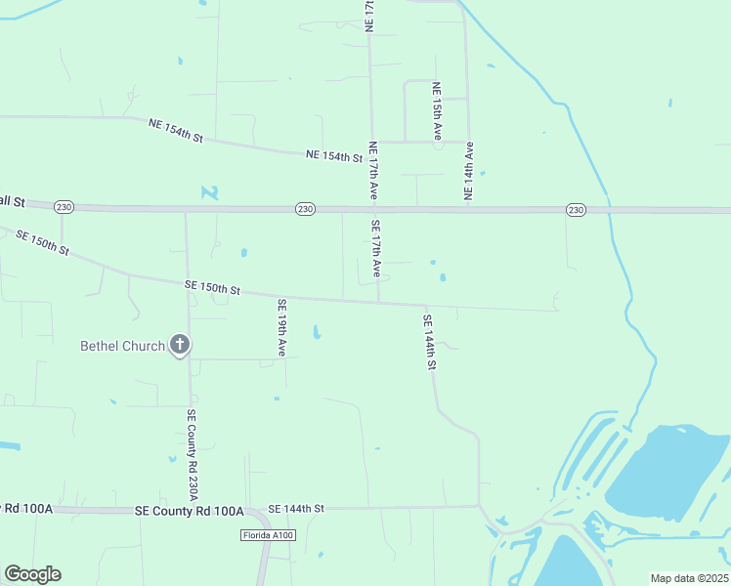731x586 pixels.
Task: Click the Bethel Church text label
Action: point(121,346)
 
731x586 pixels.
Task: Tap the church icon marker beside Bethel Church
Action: point(179,344)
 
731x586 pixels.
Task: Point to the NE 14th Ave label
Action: point(469,172)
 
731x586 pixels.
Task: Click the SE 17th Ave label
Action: point(376,248)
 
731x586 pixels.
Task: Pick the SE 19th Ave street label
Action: point(281,326)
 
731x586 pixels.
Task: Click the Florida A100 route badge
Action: point(268,535)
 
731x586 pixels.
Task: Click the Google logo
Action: point(32,574)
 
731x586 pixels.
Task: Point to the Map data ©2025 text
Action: point(689,578)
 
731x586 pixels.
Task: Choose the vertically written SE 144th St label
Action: point(428,341)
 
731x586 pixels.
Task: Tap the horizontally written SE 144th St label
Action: point(295,509)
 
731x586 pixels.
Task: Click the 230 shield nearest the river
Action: point(575,210)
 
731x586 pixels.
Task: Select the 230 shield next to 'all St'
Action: point(64,207)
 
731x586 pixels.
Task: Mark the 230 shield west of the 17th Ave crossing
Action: point(305,209)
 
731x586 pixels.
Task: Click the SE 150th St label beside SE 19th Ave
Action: point(212,288)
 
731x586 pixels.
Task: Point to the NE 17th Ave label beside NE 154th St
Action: point(372,172)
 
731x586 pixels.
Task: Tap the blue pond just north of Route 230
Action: point(210,192)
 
